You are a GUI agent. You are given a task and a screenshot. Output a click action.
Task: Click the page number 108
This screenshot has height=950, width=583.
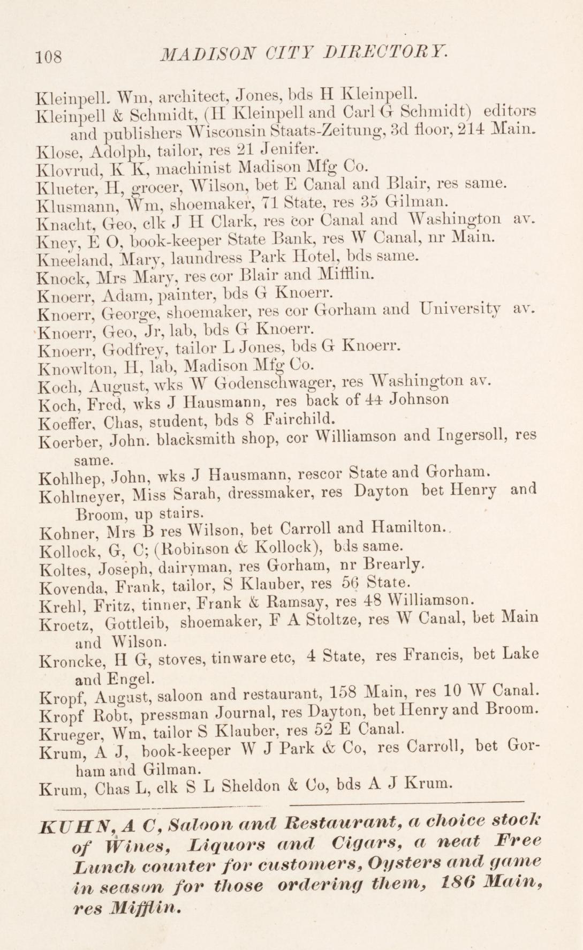tap(49, 56)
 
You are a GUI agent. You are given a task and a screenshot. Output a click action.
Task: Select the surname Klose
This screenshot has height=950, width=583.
tap(55, 150)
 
